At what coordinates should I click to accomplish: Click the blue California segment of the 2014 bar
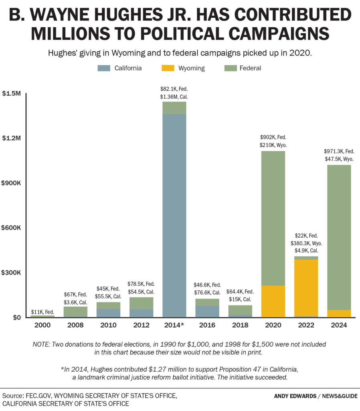click(174, 215)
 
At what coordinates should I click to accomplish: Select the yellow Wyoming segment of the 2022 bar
click(306, 287)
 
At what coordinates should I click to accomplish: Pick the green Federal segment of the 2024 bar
click(339, 237)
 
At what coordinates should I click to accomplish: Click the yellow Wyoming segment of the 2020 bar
click(273, 301)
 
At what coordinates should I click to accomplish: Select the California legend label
click(128, 68)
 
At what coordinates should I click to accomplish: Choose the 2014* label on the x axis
click(174, 326)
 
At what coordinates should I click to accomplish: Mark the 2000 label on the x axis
click(42, 326)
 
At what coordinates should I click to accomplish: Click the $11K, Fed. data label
click(42, 311)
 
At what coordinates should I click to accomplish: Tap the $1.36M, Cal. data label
click(174, 97)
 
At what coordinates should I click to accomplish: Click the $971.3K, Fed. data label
click(339, 151)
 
